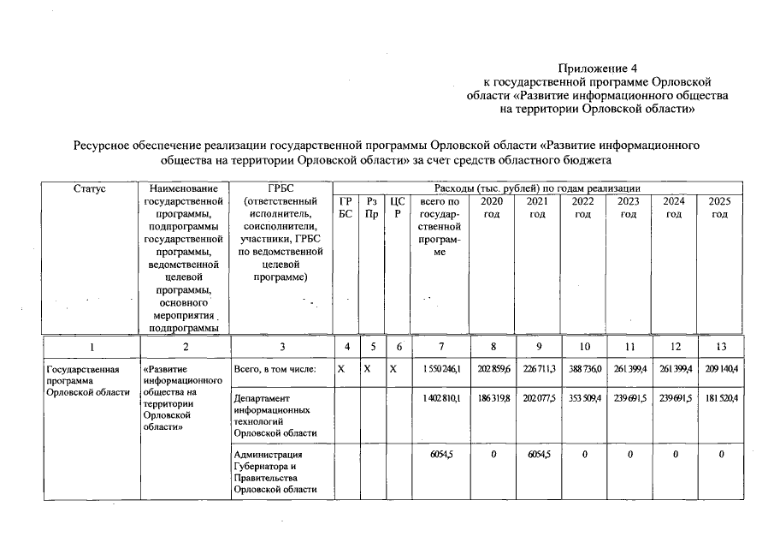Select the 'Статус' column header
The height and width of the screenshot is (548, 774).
point(91,188)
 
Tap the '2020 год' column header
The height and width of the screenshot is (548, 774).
point(492,207)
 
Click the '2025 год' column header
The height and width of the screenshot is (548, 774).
point(720,207)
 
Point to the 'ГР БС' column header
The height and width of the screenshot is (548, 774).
point(346,207)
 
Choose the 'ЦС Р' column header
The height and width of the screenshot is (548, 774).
point(396,207)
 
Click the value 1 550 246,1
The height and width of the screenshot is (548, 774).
point(440,369)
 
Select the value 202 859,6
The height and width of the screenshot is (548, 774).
point(492,369)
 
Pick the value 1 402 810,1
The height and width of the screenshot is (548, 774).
point(440,399)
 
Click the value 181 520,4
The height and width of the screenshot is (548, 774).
point(720,399)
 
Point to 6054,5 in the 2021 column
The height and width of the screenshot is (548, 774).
point(537,455)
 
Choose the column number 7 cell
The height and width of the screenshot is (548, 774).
point(440,347)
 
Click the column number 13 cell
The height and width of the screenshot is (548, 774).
point(720,347)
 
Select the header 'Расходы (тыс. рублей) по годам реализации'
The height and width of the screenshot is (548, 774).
point(537,188)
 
